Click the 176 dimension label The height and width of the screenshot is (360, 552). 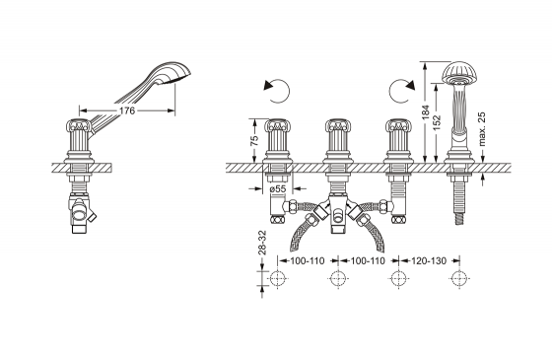(x=127, y=110)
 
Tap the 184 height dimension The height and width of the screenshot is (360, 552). (x=426, y=112)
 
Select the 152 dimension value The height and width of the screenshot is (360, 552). (x=437, y=122)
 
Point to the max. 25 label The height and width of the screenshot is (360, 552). (x=482, y=129)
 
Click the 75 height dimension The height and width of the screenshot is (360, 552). (x=254, y=140)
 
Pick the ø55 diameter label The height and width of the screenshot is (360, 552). (x=278, y=189)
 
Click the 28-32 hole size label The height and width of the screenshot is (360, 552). (x=262, y=243)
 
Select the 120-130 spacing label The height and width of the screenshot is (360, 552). (x=429, y=261)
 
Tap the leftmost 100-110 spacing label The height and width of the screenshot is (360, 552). (x=308, y=261)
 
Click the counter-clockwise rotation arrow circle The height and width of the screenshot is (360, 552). (x=277, y=91)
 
